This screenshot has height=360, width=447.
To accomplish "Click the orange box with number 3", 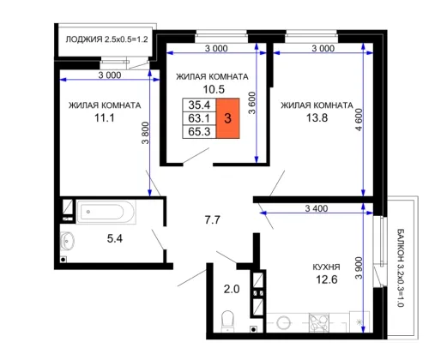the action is tap(227, 118).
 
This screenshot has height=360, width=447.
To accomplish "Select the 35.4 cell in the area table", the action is tap(199, 105).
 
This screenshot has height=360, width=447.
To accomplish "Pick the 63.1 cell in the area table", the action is tap(199, 118).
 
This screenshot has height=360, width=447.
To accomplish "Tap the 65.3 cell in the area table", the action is tap(199, 132).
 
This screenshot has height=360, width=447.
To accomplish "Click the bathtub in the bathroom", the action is tap(106, 212).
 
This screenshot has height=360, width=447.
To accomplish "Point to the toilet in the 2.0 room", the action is tap(228, 321).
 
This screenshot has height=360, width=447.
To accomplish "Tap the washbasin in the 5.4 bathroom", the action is tap(67, 240).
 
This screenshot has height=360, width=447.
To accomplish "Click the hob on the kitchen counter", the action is tap(319, 323).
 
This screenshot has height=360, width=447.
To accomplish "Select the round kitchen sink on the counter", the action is tap(284, 323).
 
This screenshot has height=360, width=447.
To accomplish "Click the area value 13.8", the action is tap(317, 117).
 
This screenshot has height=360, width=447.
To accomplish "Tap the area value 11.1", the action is tap(105, 117).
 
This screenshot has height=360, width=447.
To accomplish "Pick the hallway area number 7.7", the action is tap(213, 220).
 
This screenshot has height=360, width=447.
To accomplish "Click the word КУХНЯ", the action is tap(326, 267).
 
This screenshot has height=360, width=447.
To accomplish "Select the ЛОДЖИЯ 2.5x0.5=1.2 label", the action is tap(106, 39).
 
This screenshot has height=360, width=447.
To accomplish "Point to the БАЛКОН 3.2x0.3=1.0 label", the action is tap(401, 267).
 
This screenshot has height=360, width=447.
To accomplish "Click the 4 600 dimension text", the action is tap(359, 119).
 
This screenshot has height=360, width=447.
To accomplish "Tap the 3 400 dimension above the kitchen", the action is tap(317, 208).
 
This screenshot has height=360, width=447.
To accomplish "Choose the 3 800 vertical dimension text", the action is tap(146, 133).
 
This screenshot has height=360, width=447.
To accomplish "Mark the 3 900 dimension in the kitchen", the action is tap(359, 268).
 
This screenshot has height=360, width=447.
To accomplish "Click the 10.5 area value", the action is tap(214, 89).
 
